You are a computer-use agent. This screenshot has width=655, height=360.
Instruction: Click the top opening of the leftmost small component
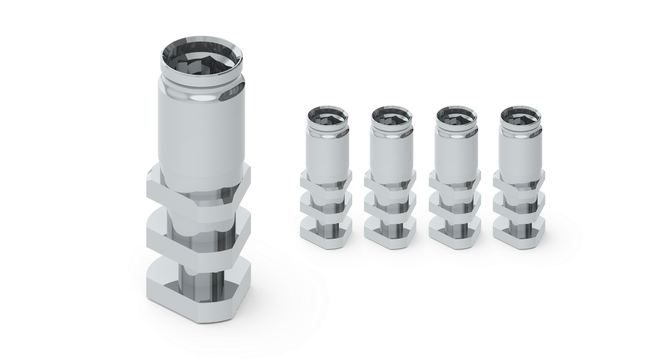(328, 116)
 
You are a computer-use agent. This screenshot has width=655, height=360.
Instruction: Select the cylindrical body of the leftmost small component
(328, 153)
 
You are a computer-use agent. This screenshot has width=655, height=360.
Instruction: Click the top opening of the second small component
(392, 116)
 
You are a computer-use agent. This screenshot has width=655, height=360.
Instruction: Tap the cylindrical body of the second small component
(392, 153)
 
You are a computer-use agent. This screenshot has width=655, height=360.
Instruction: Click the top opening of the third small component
(457, 116)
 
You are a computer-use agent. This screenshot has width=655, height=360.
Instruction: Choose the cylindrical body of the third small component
(457, 153)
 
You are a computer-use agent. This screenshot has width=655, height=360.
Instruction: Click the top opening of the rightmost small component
(521, 116)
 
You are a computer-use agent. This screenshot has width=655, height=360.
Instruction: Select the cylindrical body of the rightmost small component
(521, 153)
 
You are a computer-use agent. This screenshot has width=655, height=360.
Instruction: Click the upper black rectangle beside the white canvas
(583, 41)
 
